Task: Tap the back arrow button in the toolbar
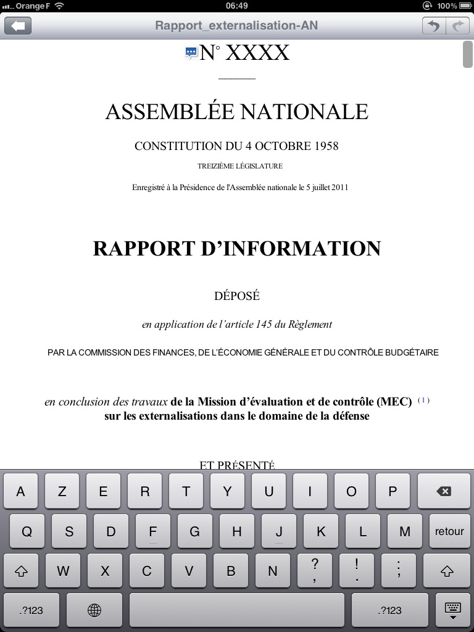click(x=18, y=26)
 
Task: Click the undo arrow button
click(x=434, y=26)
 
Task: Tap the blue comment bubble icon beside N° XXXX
click(x=191, y=54)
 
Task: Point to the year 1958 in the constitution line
click(x=326, y=146)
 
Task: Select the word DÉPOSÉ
click(x=237, y=296)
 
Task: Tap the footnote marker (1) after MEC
click(x=423, y=400)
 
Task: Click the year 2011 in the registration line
click(x=339, y=188)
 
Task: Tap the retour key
click(x=449, y=531)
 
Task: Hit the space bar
click(x=236, y=610)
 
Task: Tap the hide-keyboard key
click(x=452, y=610)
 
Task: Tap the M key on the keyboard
click(x=405, y=531)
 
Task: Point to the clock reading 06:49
click(x=237, y=6)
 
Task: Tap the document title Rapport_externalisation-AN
click(x=236, y=26)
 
